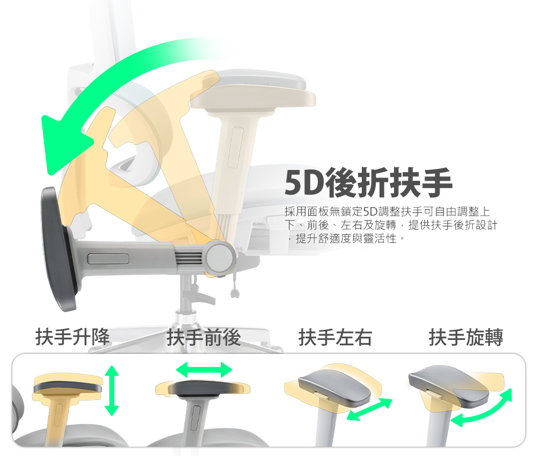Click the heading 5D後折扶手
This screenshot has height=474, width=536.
click(369, 182)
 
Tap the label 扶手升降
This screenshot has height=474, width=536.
click(72, 337)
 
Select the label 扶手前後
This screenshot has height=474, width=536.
click(204, 337)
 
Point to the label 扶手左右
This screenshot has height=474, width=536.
click(335, 337)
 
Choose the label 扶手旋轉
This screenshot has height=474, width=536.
click(466, 337)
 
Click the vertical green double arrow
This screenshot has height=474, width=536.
click(112, 390)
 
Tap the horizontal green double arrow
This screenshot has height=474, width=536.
click(204, 369)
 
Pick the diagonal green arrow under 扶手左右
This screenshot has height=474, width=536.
click(369, 409)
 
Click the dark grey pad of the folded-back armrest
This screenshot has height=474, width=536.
click(58, 249)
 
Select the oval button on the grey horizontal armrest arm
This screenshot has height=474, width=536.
click(108, 258)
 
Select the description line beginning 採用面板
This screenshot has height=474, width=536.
click(388, 212)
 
